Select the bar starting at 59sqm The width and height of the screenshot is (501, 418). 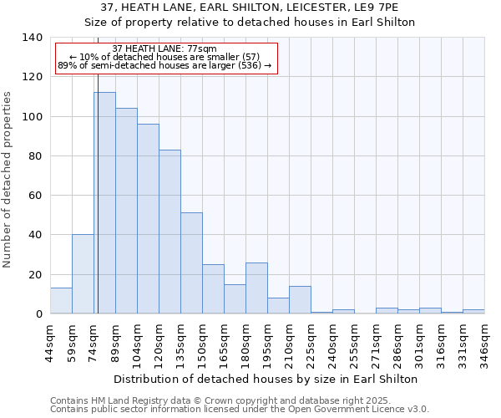pos(83,274)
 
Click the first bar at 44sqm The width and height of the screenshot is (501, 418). pos(61,301)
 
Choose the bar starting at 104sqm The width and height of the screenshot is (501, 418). pos(148,219)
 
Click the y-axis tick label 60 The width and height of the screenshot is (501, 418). pos(36,196)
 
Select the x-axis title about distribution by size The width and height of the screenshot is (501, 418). pos(265,379)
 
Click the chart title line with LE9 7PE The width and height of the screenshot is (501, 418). pos(250,8)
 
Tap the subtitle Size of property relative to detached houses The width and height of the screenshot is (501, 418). pos(250,22)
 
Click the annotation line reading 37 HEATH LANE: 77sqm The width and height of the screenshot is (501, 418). pos(164,48)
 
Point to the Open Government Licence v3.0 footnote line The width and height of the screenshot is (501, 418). pos(240,409)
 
